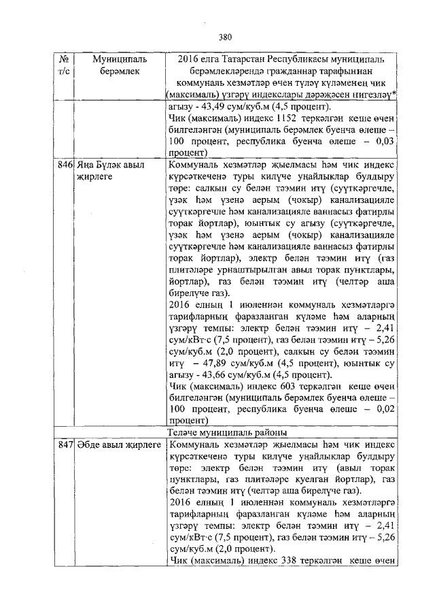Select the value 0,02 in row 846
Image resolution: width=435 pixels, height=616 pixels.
tap(383, 410)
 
